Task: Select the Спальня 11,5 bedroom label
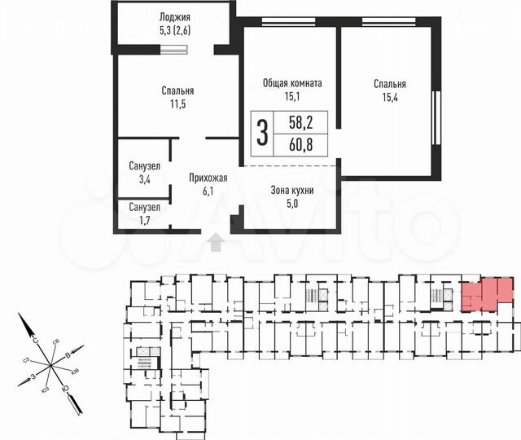click(x=177, y=91)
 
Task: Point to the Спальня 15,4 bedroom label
click(x=390, y=84)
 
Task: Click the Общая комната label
click(x=293, y=83)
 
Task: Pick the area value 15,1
click(x=293, y=98)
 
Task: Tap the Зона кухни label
click(x=292, y=190)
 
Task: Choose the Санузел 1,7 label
click(x=144, y=207)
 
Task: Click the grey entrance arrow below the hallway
click(x=216, y=241)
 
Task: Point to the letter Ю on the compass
click(x=76, y=401)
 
